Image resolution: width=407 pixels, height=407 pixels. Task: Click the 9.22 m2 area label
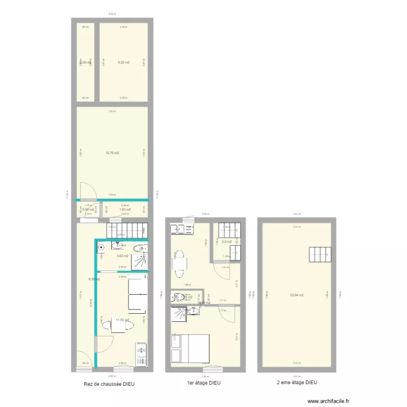(x=124, y=62)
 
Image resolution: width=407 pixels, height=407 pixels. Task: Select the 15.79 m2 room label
(x=112, y=153)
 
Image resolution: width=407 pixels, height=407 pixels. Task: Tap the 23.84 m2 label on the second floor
(x=296, y=295)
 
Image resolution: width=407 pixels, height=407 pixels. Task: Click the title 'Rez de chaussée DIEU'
(x=109, y=384)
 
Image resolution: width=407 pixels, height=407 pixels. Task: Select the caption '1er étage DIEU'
(x=203, y=383)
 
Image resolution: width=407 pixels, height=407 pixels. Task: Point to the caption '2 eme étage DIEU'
(x=297, y=383)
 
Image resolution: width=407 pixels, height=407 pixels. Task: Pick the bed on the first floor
(x=190, y=348)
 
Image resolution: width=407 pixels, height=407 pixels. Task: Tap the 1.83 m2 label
(x=125, y=209)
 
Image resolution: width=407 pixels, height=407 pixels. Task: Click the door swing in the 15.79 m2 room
(x=87, y=189)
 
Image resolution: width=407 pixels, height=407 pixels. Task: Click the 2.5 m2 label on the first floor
(x=226, y=241)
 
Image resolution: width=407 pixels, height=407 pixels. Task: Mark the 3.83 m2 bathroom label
(x=123, y=256)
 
